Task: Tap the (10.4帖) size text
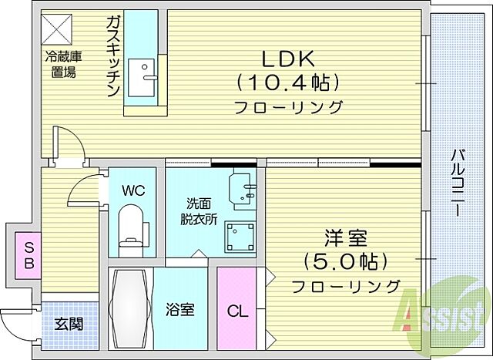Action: [288, 81]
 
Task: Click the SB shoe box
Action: [29, 256]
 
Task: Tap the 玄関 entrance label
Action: [69, 324]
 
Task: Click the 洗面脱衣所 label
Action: [198, 211]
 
